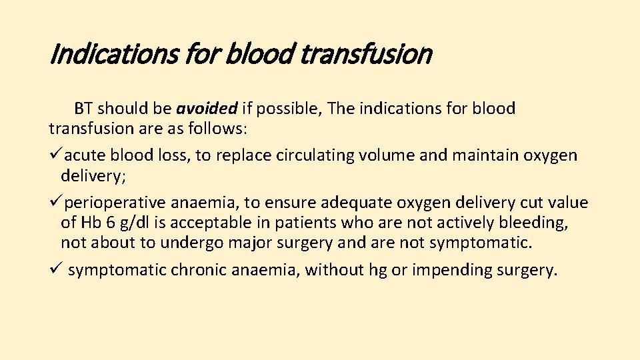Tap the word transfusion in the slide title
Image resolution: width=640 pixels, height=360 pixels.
[x=366, y=53]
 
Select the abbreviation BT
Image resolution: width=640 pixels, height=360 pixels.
[x=84, y=109]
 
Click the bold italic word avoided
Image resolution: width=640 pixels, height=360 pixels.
[x=207, y=109]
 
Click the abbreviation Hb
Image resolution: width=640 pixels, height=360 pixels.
[x=90, y=223]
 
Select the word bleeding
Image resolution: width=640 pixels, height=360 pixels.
[x=533, y=223]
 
